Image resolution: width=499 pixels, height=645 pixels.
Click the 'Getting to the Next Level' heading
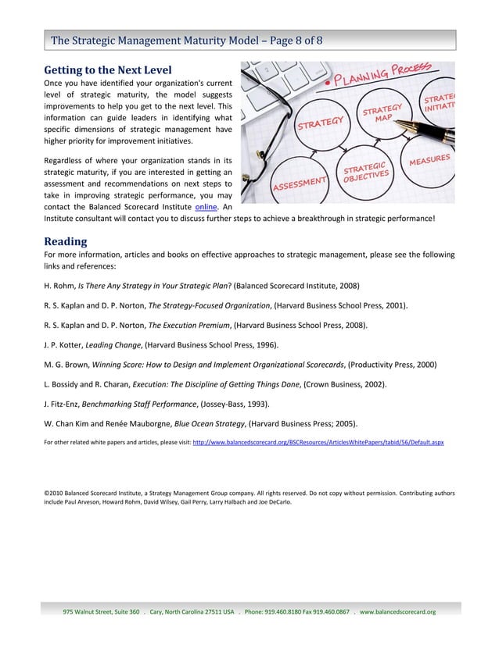[106, 69]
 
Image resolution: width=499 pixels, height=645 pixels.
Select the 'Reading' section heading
[65, 241]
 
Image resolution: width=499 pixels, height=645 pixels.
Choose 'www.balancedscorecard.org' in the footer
[400, 611]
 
